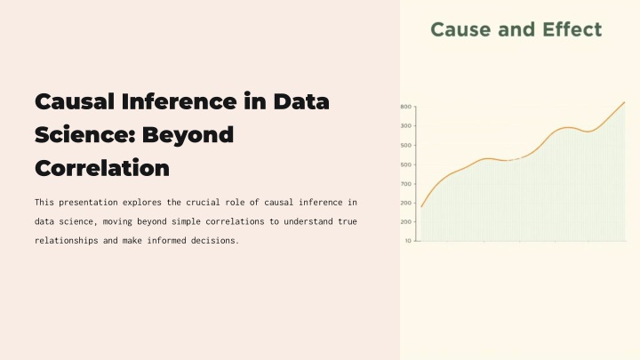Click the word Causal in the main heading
[x=75, y=101]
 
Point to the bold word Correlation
[x=102, y=168]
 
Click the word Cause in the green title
[x=460, y=29]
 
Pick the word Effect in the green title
[x=572, y=29]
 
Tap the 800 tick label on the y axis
[x=406, y=107]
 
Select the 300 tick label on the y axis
[x=406, y=126]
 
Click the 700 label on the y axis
[x=406, y=184]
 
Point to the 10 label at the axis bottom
[x=408, y=241]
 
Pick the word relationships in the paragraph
[x=66, y=240]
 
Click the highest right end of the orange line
[x=625, y=102]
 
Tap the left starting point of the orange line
[x=421, y=207]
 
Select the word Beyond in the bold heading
[x=188, y=135]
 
